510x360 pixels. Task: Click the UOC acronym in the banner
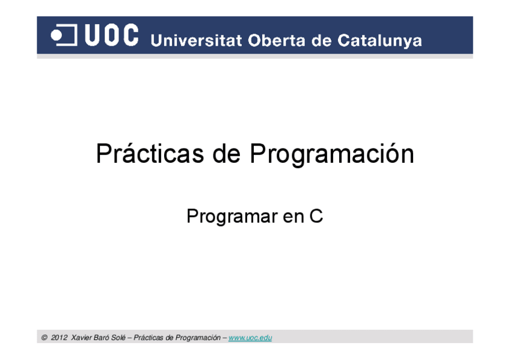tap(112, 35)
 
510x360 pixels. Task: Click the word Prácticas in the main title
tap(150, 154)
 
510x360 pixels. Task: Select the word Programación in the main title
tap(331, 154)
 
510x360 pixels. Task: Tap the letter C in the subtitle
tap(316, 216)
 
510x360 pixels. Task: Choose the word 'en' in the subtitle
tap(293, 216)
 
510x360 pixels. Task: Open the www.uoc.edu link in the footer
tap(250, 338)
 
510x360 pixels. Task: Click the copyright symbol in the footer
tap(45, 338)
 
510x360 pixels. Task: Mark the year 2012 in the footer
tap(59, 338)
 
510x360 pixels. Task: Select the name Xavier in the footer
tap(81, 338)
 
